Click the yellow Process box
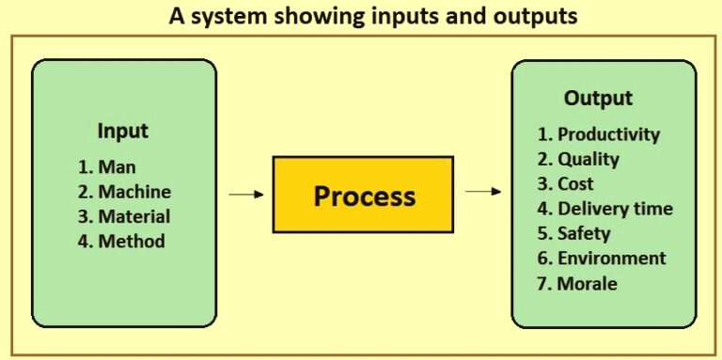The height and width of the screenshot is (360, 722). click(363, 195)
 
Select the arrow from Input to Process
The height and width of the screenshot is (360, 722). click(246, 195)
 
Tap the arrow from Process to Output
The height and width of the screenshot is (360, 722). click(483, 192)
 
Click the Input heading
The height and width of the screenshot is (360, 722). click(123, 131)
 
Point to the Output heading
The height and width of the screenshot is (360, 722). click(598, 98)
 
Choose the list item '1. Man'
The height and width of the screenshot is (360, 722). click(107, 167)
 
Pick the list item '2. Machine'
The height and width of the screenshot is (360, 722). click(124, 192)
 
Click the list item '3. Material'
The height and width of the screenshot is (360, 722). click(124, 216)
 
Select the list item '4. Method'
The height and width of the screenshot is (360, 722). click(121, 242)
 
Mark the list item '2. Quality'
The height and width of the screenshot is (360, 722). click(579, 159)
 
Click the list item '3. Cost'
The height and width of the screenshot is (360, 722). click(566, 184)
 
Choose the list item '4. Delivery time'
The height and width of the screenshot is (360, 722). click(605, 209)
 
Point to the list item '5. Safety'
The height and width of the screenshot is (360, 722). click(574, 233)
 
